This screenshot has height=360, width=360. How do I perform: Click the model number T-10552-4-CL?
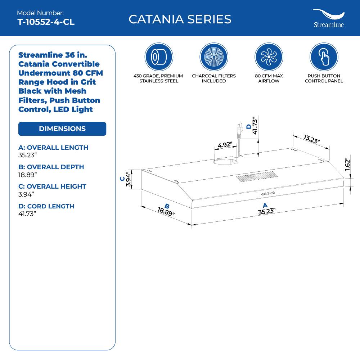(46, 22)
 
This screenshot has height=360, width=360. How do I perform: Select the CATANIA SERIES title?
(180, 19)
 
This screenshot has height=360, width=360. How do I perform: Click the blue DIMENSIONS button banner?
(62, 129)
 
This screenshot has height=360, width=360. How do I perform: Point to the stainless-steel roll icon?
(159, 57)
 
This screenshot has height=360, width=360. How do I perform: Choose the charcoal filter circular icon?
(214, 57)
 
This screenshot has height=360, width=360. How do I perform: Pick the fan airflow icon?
(269, 57)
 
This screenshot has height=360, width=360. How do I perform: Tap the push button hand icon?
(324, 57)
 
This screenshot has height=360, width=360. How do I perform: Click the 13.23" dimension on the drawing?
(312, 139)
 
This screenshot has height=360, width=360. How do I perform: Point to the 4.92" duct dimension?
(225, 145)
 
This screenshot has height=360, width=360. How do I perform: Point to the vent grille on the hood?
(257, 177)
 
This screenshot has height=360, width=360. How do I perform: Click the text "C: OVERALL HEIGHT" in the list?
(53, 186)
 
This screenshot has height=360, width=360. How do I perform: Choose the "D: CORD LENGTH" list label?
(46, 206)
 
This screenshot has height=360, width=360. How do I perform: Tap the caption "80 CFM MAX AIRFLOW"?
(269, 78)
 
